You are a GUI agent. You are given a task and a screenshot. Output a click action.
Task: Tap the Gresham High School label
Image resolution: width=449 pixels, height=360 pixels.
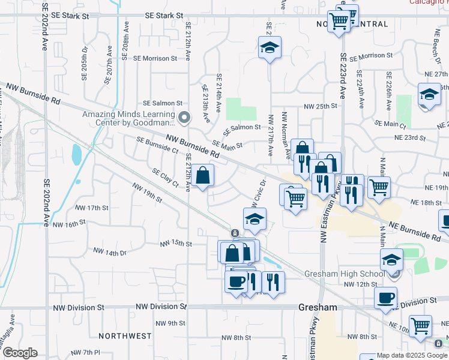[x=344, y=274]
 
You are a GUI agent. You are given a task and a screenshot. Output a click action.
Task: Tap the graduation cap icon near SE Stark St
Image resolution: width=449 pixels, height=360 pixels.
[x=270, y=47]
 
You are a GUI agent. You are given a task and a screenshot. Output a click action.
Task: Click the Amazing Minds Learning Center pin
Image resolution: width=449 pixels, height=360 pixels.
[x=184, y=117]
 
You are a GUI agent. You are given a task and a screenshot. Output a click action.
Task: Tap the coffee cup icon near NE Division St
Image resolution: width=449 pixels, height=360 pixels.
[x=385, y=297]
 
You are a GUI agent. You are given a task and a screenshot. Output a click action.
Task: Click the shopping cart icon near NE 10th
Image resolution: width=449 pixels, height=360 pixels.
[x=421, y=326]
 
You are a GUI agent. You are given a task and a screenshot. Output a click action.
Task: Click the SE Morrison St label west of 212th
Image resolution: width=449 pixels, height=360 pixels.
[x=155, y=59]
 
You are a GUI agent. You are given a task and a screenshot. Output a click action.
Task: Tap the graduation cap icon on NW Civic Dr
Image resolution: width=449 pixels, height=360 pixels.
[x=255, y=219]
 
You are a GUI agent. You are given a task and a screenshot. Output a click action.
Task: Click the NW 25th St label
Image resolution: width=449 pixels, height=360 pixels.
[x=321, y=106]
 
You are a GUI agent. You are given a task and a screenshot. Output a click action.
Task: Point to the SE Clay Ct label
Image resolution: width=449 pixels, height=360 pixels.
[x=165, y=177]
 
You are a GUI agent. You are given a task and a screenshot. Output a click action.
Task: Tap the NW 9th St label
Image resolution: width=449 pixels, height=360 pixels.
[x=170, y=323]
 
